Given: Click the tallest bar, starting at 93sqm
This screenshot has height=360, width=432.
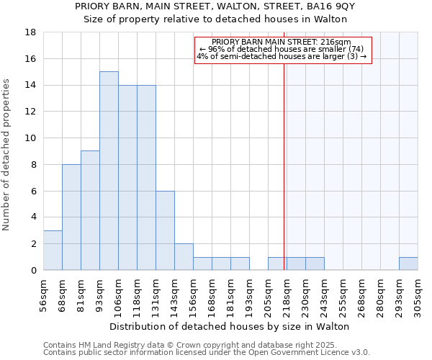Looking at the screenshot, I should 109,171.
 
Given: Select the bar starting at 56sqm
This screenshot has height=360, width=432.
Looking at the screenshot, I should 53,250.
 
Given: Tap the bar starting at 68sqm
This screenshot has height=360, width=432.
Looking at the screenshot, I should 71,217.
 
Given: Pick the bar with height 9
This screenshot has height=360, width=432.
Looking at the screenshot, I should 90,210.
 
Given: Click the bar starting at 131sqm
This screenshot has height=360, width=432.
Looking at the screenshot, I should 165,230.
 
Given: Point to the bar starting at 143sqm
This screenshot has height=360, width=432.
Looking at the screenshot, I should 184,257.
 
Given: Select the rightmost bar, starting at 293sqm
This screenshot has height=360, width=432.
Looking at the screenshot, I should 408,264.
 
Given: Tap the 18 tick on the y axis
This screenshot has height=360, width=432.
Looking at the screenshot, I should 32,32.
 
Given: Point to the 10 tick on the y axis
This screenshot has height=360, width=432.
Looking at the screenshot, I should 32,138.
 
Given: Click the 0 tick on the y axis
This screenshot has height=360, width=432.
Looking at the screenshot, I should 34,270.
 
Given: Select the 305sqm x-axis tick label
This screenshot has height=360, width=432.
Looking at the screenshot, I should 418,294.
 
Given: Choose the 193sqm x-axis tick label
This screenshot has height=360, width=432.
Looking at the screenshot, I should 250,294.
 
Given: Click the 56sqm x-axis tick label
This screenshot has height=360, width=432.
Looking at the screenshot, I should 44,294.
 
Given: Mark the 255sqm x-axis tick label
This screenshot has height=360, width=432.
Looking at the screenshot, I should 343,294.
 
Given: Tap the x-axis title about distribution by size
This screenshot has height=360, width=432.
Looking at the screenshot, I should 230,326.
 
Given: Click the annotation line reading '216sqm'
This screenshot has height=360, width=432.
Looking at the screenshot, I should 282,42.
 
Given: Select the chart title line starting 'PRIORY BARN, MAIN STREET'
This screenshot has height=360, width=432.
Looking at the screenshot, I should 215,6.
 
